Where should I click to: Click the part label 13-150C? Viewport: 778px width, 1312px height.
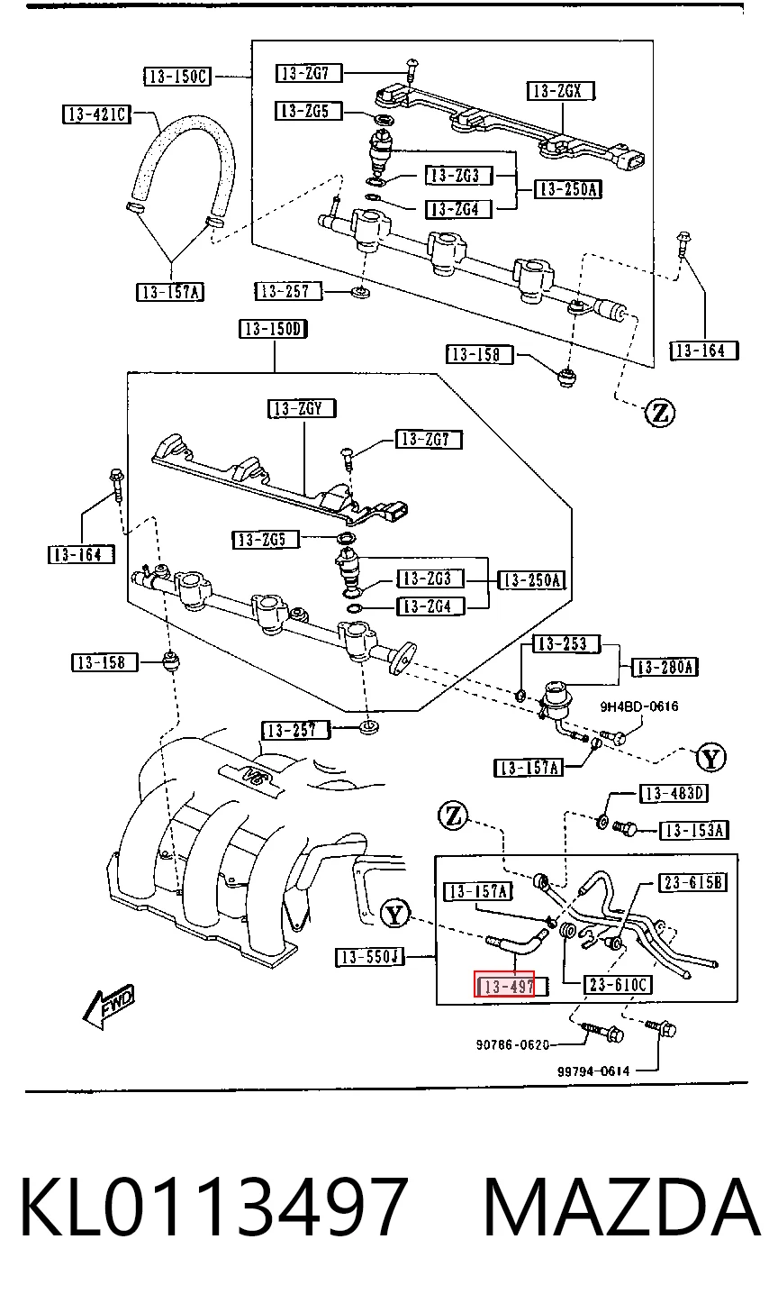click(x=176, y=76)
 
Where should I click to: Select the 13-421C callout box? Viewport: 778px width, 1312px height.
click(x=96, y=114)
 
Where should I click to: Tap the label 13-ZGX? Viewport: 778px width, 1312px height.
click(x=561, y=91)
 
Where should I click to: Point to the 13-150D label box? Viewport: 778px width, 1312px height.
click(x=274, y=329)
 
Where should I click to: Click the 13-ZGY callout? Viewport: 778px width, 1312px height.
click(x=302, y=408)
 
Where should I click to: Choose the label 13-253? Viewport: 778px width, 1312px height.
click(x=566, y=644)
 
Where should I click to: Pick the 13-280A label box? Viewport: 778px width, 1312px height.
click(x=665, y=667)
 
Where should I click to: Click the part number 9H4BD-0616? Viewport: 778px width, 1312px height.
click(x=639, y=706)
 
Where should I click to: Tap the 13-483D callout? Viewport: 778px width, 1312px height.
click(x=674, y=794)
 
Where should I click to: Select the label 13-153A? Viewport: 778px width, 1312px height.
click(x=694, y=830)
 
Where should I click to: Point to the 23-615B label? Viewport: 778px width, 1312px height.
click(x=693, y=882)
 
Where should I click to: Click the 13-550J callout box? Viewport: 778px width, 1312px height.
click(x=370, y=957)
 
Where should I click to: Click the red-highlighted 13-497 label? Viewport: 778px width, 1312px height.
click(x=504, y=987)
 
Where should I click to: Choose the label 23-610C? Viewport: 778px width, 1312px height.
click(x=619, y=985)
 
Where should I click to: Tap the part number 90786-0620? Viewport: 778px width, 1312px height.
click(x=512, y=1044)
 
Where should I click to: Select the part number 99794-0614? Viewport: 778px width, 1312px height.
click(x=593, y=1071)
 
